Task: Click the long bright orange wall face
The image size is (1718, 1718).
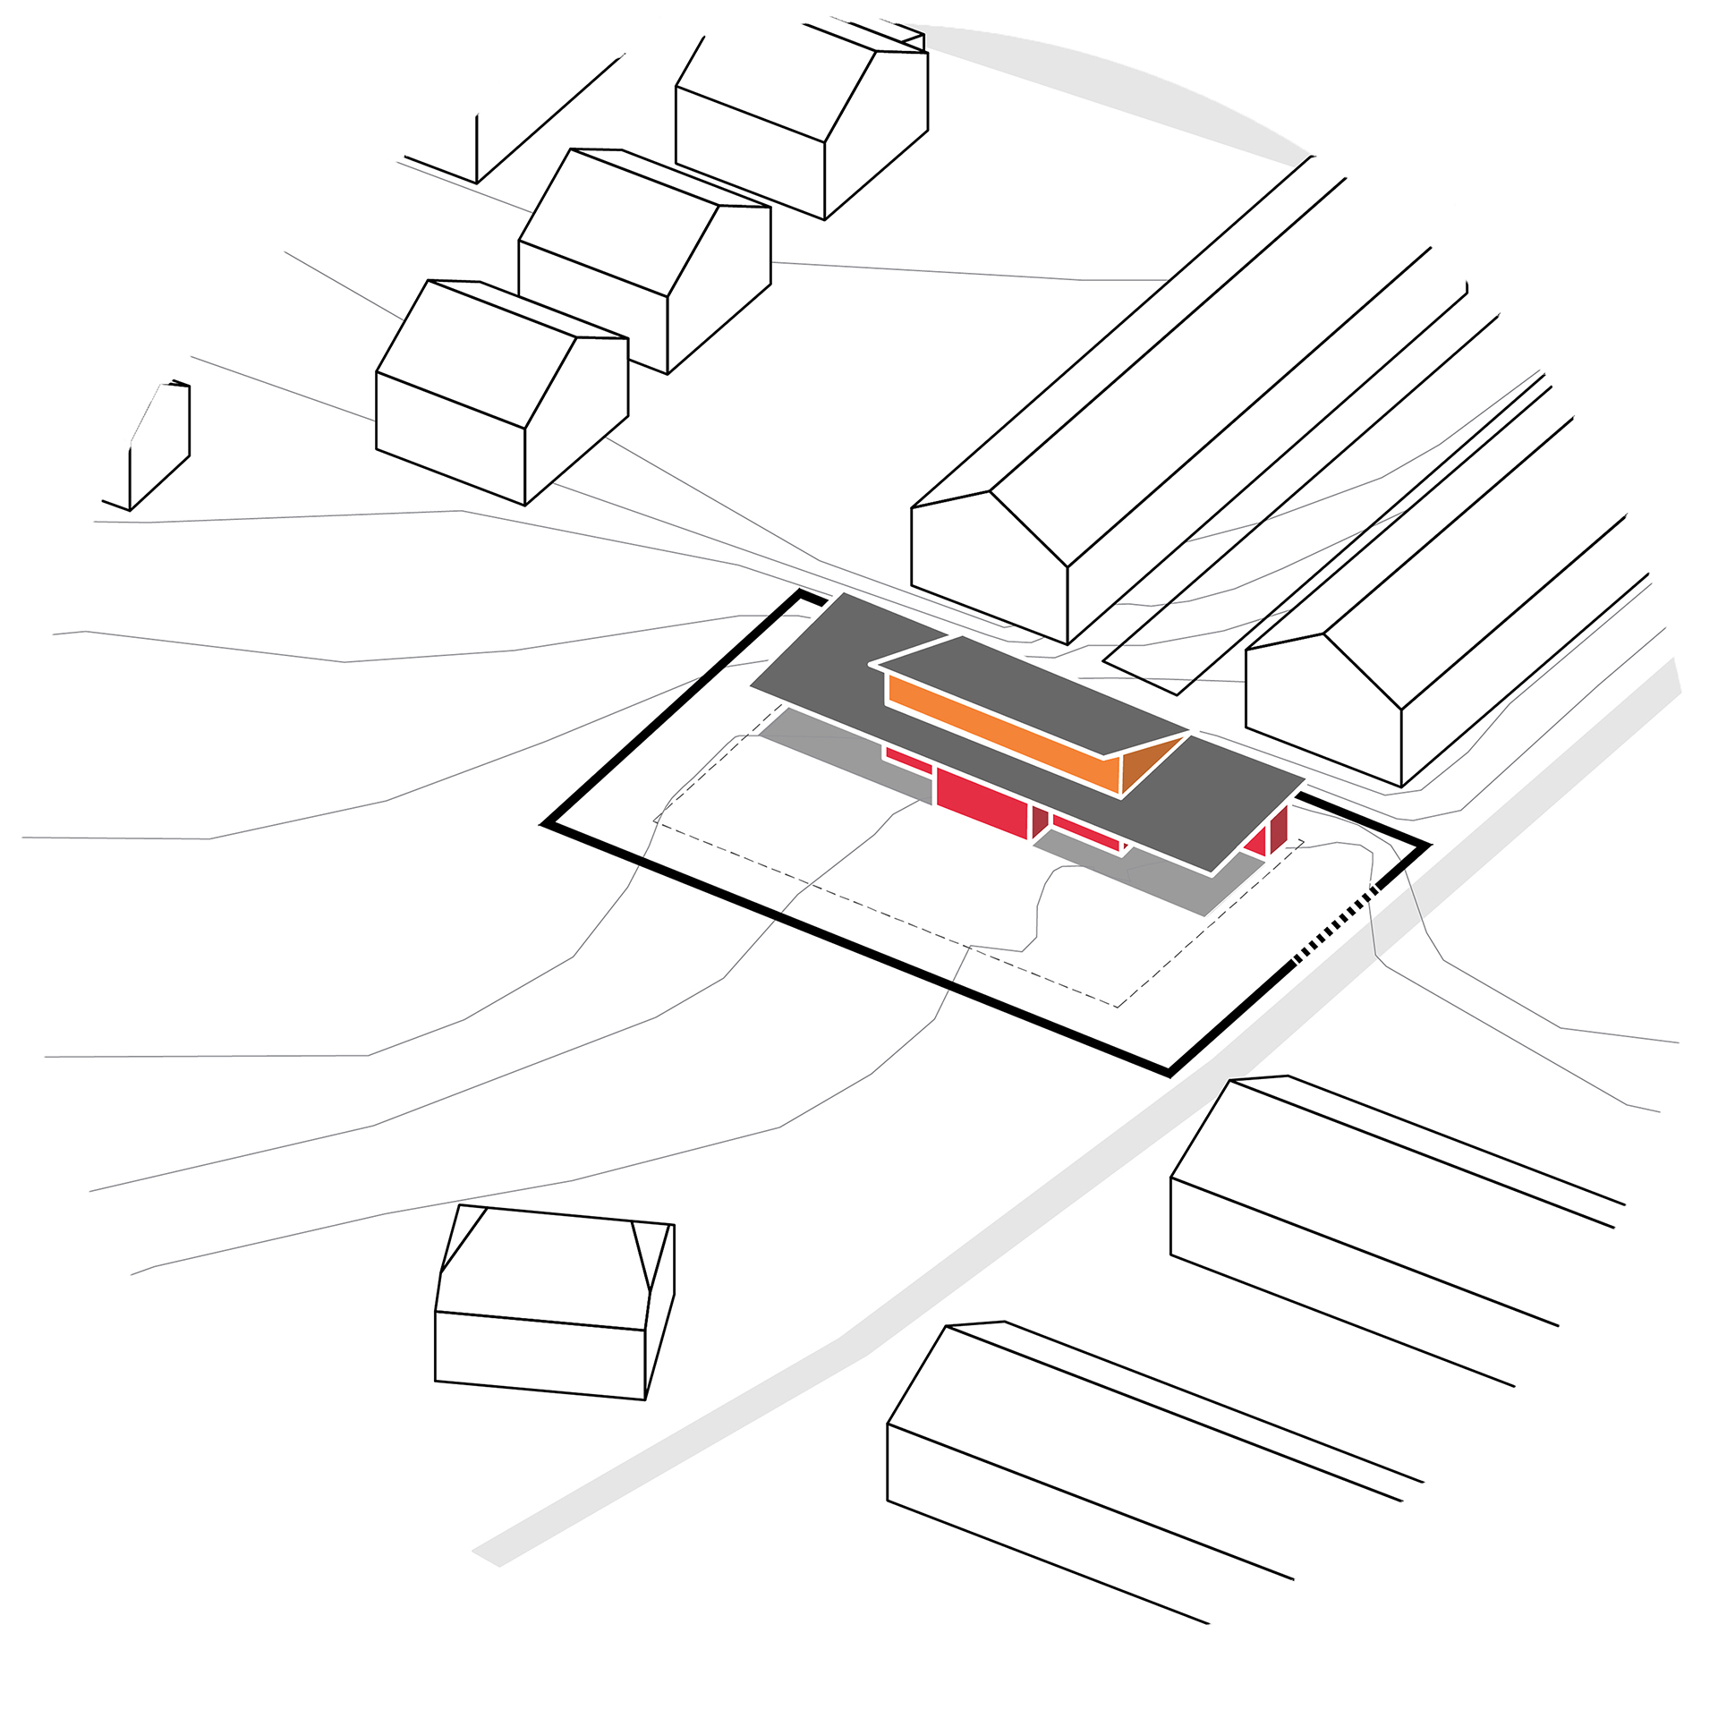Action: point(1002,734)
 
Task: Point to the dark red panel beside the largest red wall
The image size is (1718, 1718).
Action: point(1039,820)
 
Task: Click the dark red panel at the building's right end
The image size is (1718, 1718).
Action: point(1278,829)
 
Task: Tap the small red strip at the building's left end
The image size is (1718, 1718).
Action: point(907,760)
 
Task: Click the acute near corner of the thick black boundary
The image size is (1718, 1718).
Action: point(1169,1071)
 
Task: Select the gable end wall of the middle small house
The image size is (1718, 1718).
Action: point(720,286)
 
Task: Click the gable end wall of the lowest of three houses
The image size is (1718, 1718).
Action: point(577,421)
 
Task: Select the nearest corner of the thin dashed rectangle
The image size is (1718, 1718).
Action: point(1117,1007)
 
